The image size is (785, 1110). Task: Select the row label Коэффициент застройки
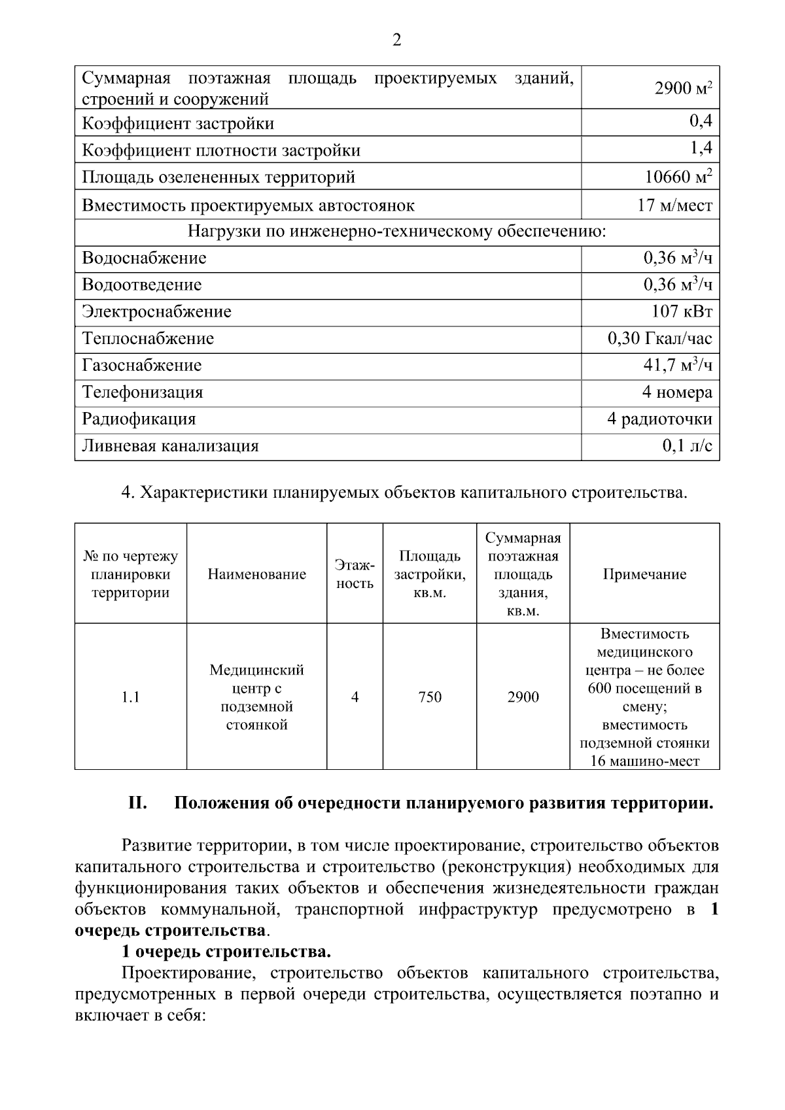click(x=178, y=124)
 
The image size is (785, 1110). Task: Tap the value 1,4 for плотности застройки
click(x=701, y=148)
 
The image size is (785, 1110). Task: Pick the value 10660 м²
click(x=678, y=177)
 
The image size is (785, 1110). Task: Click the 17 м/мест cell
click(x=674, y=205)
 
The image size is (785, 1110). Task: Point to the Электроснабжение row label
click(x=156, y=312)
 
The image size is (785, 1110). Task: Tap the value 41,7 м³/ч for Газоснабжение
click(x=677, y=365)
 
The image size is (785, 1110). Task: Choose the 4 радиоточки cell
click(x=659, y=419)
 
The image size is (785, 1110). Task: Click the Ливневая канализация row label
click(x=170, y=446)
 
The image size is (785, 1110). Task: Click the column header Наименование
click(x=256, y=574)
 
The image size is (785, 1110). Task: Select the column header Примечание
click(x=644, y=574)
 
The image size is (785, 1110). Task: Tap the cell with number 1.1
click(x=131, y=697)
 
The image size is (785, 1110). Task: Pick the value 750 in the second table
click(x=430, y=697)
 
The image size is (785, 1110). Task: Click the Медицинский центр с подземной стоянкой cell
click(x=256, y=697)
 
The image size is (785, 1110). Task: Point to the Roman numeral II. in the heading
click(x=137, y=803)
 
